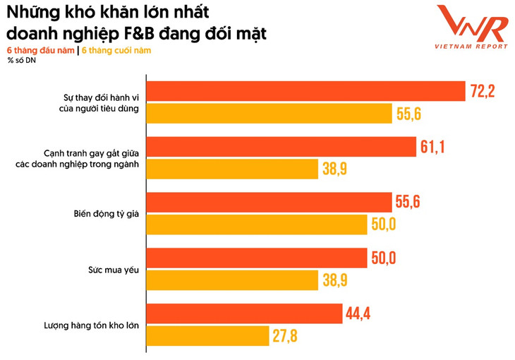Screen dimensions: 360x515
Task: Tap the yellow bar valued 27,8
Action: pos(212,335)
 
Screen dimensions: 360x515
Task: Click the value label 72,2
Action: pos(485,91)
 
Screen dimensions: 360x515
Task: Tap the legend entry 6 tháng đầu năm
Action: pos(40,50)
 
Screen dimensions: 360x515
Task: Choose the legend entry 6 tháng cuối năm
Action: pos(116,50)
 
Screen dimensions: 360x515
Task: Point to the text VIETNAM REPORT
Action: pos(471,47)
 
